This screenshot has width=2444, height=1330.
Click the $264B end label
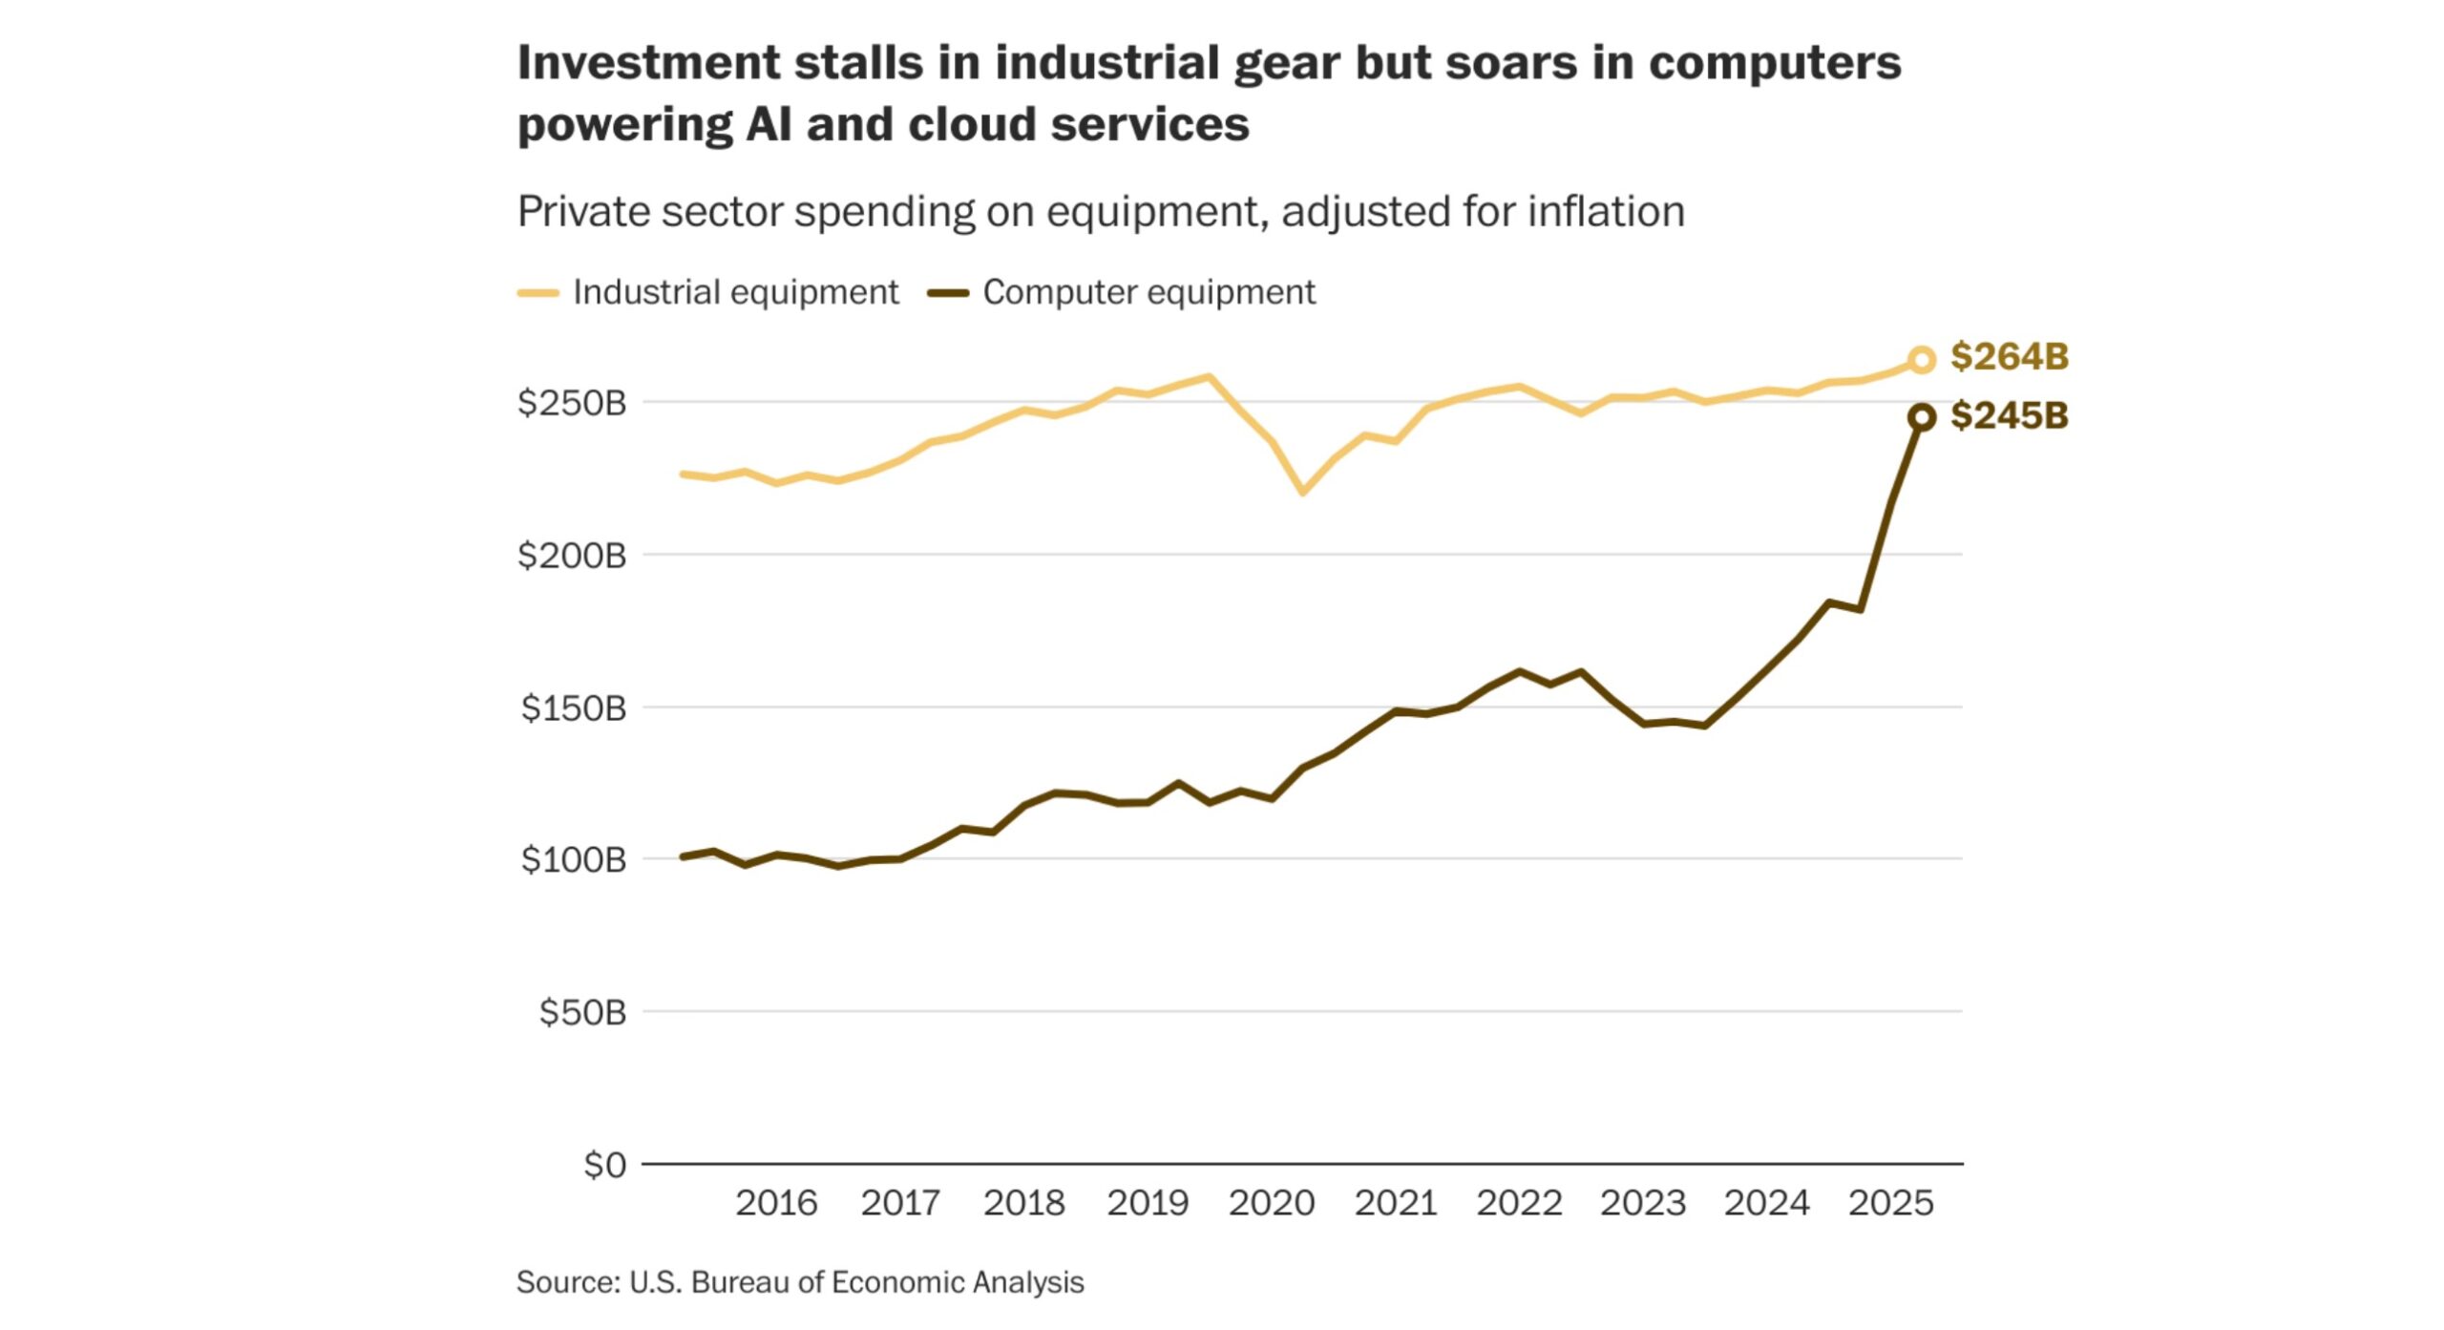[x=2009, y=357]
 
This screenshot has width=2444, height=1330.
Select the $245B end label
[x=2009, y=416]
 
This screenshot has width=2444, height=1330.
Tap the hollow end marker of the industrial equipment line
[x=1921, y=360]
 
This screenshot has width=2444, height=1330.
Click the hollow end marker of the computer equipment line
[x=1921, y=417]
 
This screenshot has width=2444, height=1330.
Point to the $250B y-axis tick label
[x=572, y=403]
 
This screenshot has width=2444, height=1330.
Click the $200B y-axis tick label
[x=572, y=555]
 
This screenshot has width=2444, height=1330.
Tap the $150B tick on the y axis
[x=574, y=707]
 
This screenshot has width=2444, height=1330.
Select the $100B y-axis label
[x=574, y=859]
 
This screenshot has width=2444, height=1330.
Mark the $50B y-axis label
[x=582, y=1012]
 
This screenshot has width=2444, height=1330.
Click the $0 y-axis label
[x=605, y=1165]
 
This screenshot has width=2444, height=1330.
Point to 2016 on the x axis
[x=776, y=1203]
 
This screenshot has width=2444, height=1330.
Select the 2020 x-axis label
[x=1272, y=1203]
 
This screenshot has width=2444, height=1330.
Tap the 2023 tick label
[x=1643, y=1203]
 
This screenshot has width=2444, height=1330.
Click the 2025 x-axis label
[x=1890, y=1203]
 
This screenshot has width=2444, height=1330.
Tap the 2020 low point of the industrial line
[x=1303, y=492]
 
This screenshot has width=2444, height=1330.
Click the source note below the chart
[x=800, y=1282]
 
